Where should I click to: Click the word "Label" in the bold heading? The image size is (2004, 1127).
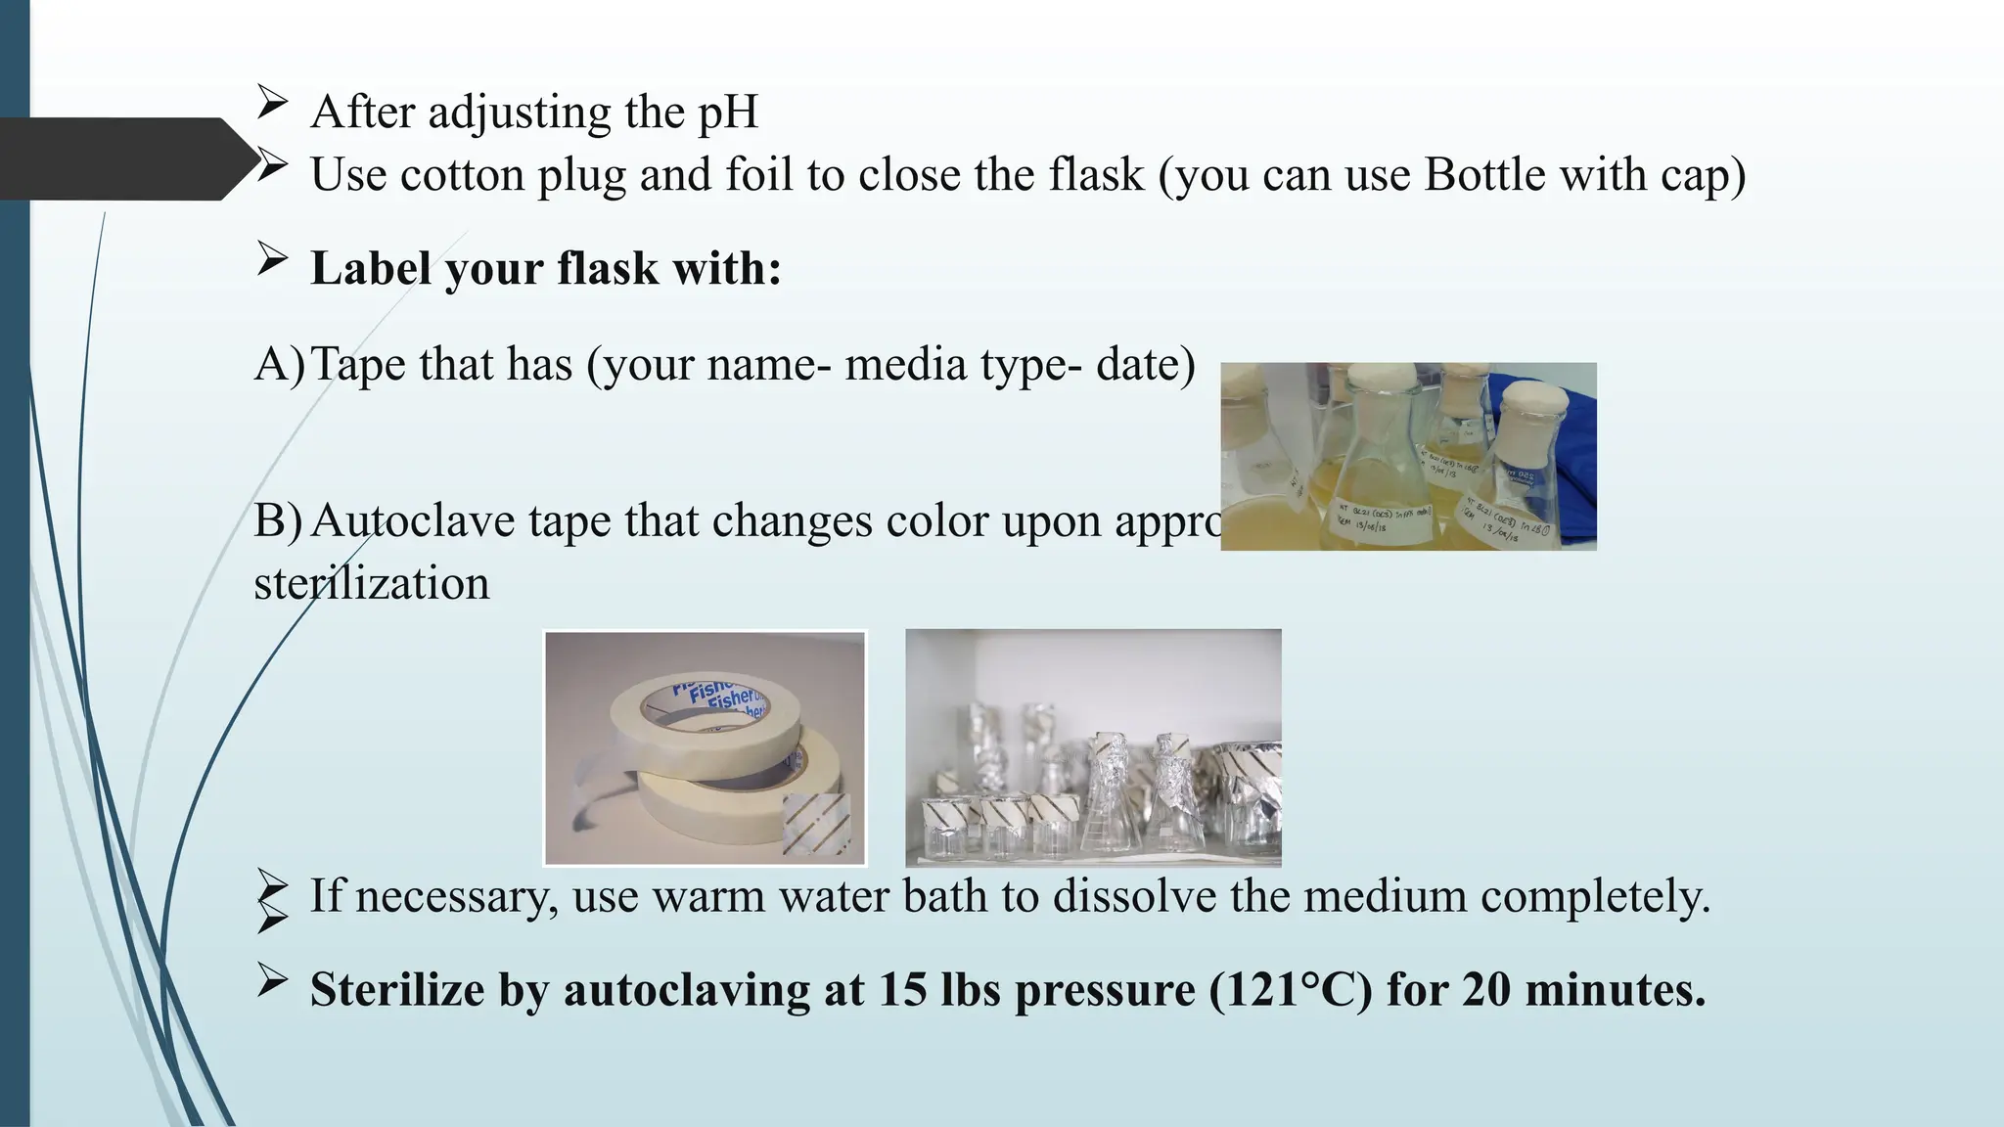coord(371,268)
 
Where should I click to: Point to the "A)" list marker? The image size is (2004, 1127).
coord(279,365)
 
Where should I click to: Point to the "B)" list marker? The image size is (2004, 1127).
coord(278,521)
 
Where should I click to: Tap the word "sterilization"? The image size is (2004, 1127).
coord(371,584)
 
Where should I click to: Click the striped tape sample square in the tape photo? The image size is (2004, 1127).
coord(816,824)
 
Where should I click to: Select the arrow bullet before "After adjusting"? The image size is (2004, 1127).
coord(272,102)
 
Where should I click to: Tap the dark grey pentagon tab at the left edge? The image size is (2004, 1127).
coord(117,158)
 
